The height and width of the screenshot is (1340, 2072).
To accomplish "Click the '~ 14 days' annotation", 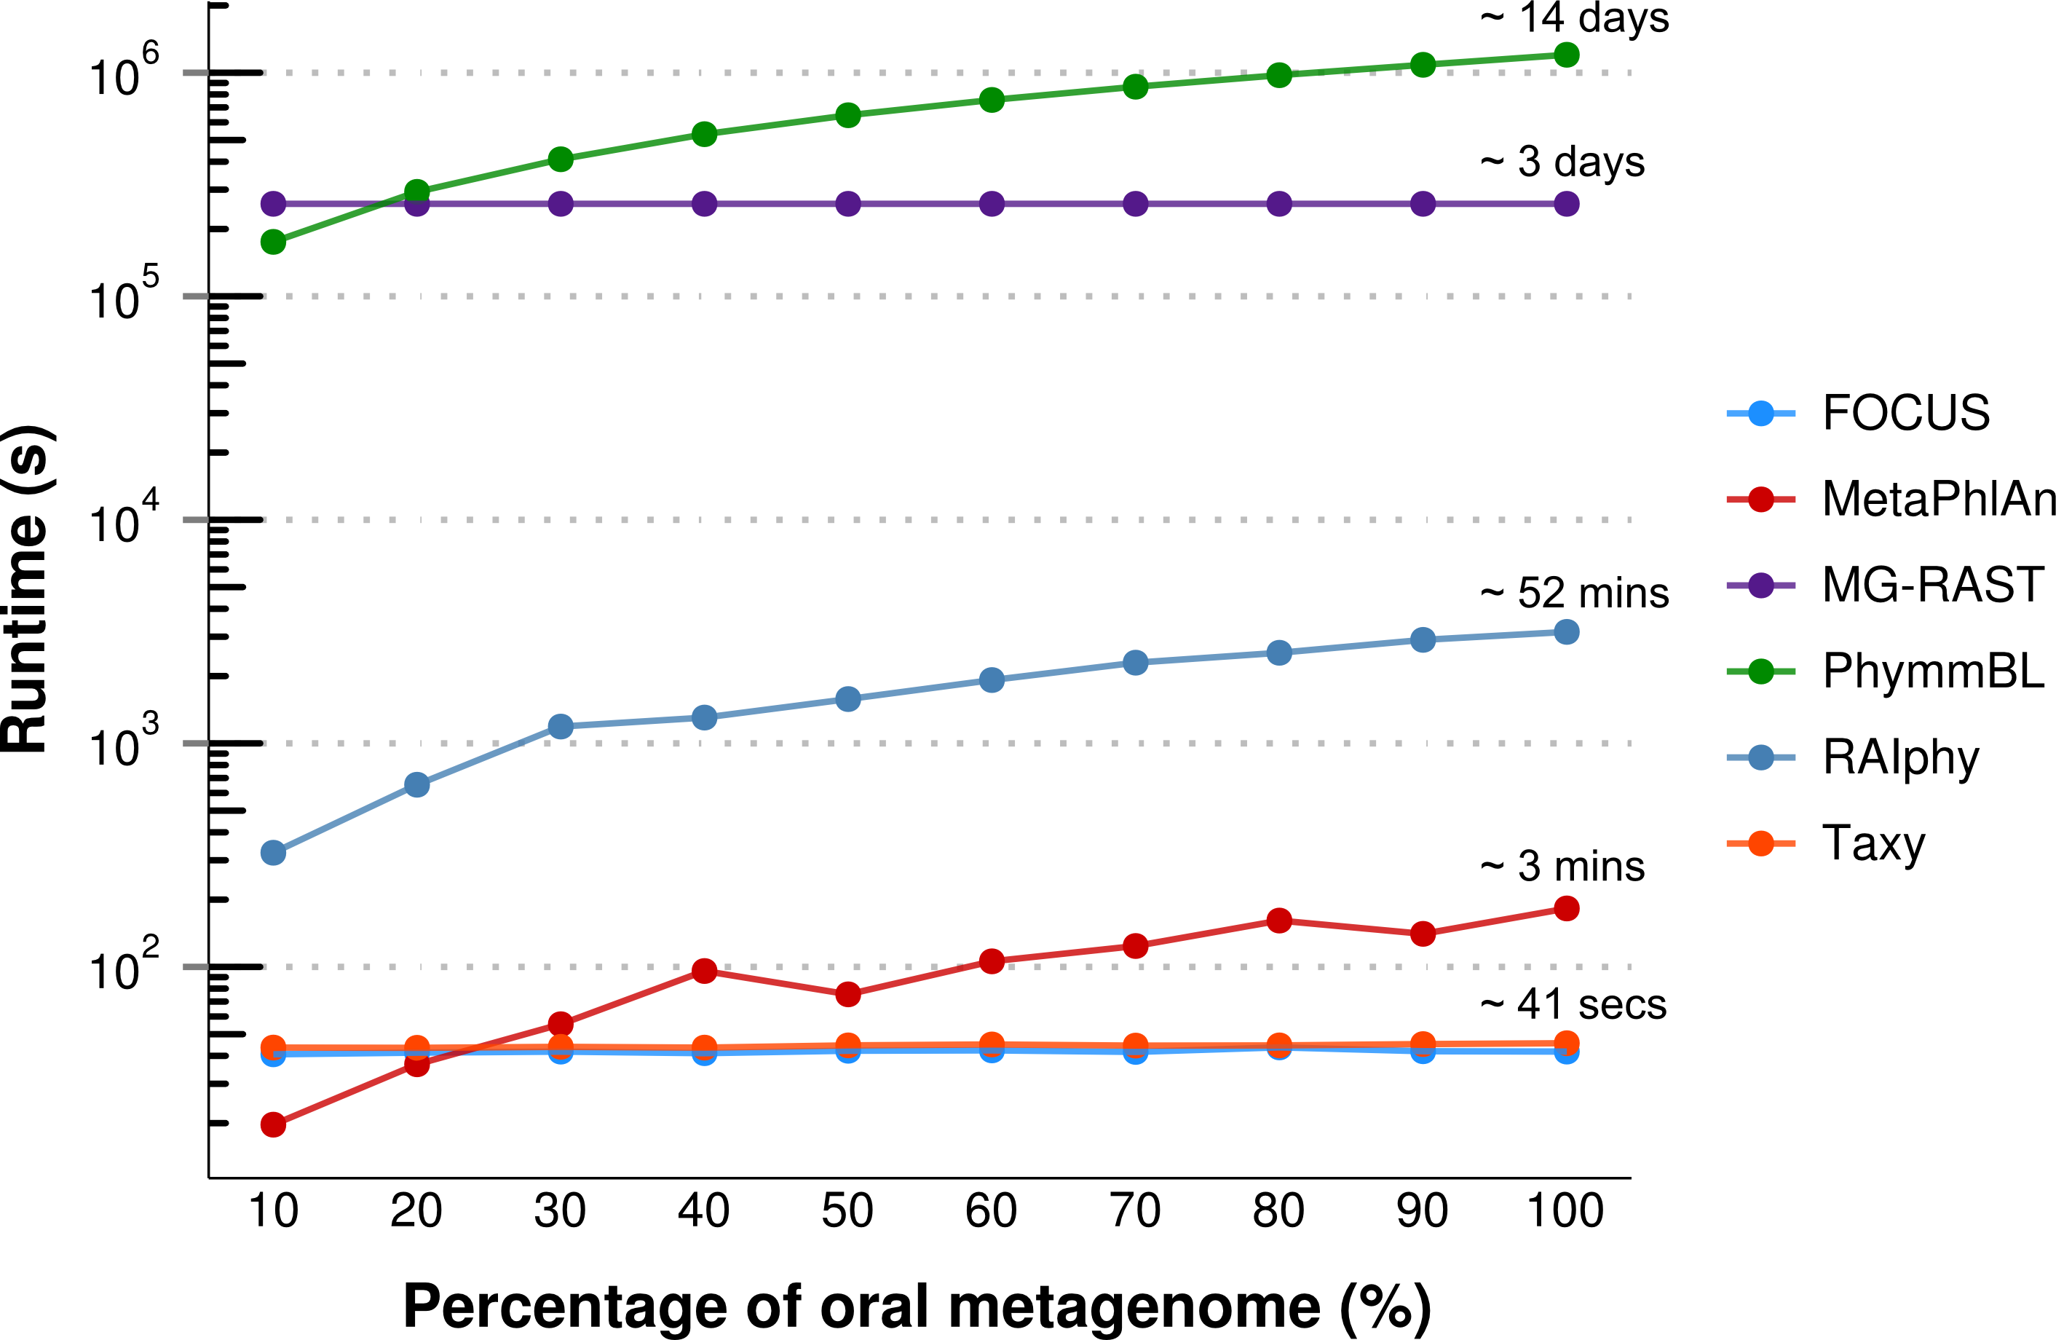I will [1575, 18].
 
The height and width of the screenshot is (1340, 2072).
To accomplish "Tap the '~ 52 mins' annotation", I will [1575, 594].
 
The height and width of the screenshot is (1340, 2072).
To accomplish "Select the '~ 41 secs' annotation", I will [1573, 1005].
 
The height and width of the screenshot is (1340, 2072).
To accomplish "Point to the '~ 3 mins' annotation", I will [1562, 867].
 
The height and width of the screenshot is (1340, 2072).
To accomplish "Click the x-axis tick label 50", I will [847, 1211].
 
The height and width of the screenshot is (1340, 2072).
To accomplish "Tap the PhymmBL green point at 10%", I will [273, 242].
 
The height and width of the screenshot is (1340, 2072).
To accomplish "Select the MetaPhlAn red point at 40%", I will [704, 971].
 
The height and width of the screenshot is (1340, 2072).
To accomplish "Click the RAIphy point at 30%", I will [561, 727].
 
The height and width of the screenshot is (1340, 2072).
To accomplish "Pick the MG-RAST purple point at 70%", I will [1135, 205].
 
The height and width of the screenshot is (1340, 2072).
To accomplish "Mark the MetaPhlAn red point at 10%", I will [273, 1125].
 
